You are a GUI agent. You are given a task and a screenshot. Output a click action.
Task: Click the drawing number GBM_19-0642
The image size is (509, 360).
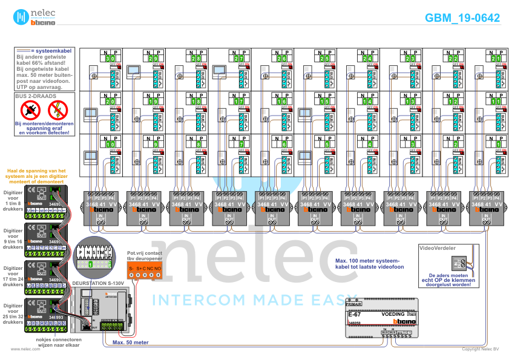[462, 18]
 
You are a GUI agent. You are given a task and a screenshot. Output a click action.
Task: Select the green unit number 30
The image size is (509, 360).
[110, 59]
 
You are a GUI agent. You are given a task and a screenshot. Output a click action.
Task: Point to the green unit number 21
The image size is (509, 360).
[496, 59]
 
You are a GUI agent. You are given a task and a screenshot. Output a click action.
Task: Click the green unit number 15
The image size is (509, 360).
[324, 102]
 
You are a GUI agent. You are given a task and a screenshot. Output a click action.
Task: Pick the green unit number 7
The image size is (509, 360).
[241, 145]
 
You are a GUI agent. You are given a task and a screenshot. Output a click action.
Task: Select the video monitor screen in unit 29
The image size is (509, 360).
[133, 70]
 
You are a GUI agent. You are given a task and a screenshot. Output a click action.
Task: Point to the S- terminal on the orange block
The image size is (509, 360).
[131, 267]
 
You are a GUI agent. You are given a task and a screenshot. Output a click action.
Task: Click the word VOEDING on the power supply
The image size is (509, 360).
[393, 315]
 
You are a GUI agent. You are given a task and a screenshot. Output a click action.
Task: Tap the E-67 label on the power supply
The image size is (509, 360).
[355, 315]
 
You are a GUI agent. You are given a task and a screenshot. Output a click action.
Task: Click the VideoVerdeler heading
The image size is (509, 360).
[438, 248]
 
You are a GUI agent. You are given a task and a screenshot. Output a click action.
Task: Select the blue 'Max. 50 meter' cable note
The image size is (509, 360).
[129, 342]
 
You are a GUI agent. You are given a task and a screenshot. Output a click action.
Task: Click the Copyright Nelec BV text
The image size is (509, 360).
[481, 349]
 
